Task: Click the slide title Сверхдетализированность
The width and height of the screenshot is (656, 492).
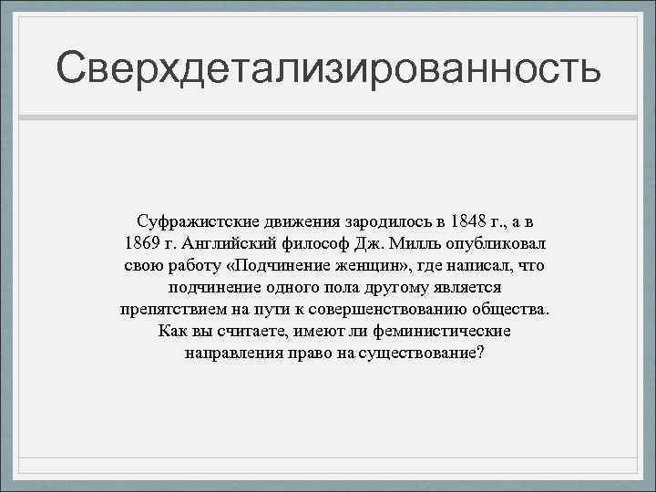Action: coord(328,68)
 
